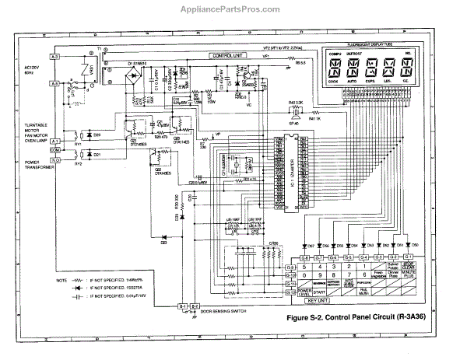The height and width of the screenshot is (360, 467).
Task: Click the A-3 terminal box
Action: [x=55, y=58]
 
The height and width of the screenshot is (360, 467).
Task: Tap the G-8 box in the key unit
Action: [x=305, y=257]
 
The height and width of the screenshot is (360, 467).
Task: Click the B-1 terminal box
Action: [x=184, y=306]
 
